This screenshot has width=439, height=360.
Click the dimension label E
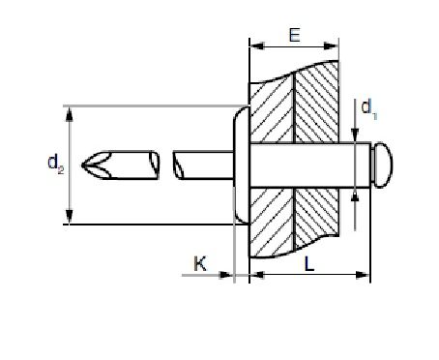295,35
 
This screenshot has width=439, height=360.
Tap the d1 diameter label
369,109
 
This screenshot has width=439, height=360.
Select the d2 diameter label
55,164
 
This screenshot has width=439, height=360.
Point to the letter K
200,263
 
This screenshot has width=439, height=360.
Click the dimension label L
309,264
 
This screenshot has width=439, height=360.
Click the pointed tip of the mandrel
82,165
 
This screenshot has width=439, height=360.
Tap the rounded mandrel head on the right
382,165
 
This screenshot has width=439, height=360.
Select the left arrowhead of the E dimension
256,45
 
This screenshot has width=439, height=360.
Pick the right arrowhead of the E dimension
331,45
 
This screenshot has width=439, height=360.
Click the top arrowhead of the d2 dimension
69,114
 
